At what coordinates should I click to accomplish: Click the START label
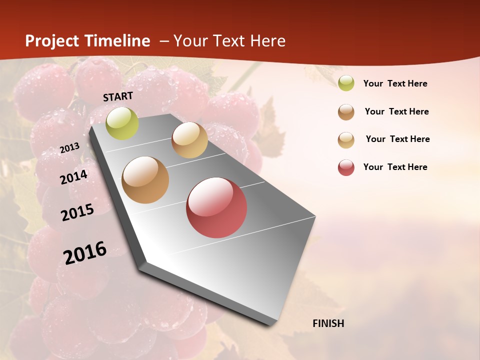(118, 96)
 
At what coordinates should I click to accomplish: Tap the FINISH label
(328, 323)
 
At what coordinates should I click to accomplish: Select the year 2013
(69, 148)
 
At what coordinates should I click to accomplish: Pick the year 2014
(73, 177)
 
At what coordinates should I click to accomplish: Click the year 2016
(85, 253)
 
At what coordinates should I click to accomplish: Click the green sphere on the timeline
(122, 123)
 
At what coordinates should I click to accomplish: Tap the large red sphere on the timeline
(216, 207)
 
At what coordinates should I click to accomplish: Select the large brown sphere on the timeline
(145, 180)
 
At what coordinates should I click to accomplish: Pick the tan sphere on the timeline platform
(189, 140)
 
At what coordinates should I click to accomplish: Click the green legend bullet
(346, 83)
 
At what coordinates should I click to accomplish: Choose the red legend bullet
(346, 167)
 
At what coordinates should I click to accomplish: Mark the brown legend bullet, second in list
(346, 112)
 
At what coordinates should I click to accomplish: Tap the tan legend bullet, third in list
(346, 140)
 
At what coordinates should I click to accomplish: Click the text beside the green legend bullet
(395, 83)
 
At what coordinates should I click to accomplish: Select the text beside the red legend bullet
(395, 167)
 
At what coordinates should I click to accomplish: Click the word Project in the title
(52, 41)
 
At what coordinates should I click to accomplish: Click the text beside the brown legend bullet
(396, 111)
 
